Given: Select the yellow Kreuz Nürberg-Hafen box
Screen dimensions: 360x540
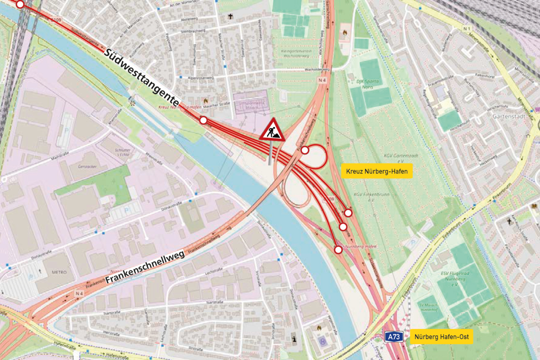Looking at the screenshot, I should [x=377, y=171].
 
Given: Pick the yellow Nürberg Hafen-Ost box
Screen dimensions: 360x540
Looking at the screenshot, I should [x=441, y=337].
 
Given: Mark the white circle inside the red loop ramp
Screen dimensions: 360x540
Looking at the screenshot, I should [x=305, y=150].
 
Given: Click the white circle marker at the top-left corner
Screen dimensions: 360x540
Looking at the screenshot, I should [x=20, y=4].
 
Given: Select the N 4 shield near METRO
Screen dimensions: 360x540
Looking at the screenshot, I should [x=79, y=293].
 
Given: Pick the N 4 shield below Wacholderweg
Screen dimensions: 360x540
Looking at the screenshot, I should [x=321, y=80].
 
